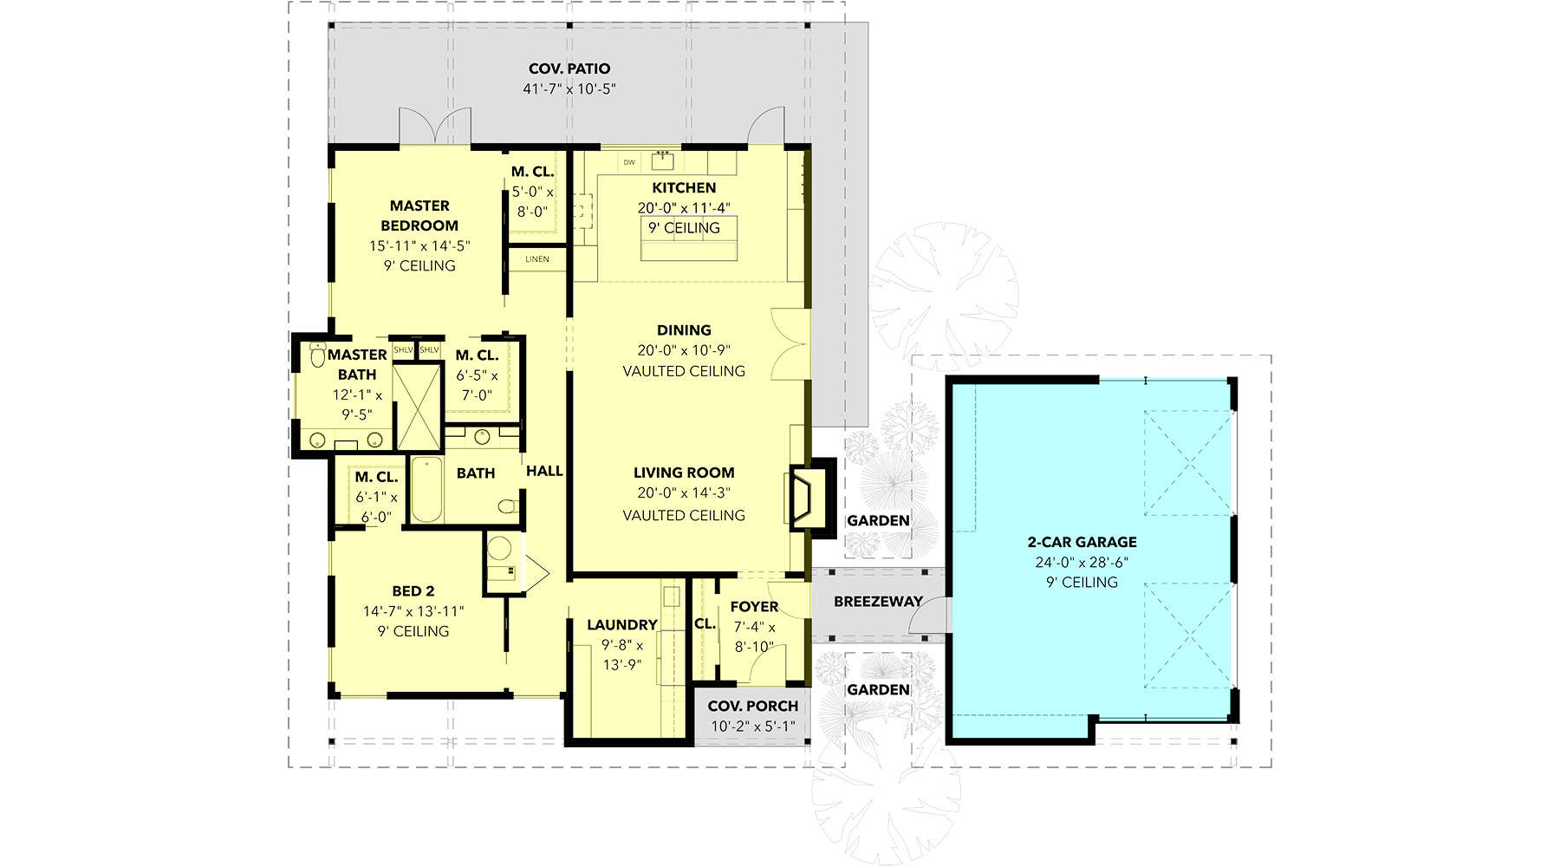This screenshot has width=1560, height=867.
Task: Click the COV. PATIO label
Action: click(x=569, y=68)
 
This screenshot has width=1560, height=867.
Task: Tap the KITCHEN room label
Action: click(x=684, y=187)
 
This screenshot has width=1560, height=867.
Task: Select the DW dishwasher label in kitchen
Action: click(x=629, y=162)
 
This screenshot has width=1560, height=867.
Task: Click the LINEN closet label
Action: click(x=537, y=259)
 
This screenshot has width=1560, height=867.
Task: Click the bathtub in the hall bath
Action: click(x=426, y=490)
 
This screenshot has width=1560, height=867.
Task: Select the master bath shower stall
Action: click(x=418, y=407)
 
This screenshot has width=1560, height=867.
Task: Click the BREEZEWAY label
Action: click(x=878, y=602)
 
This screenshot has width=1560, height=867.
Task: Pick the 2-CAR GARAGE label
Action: click(x=1082, y=542)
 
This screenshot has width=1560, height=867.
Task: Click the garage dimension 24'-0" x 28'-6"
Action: click(x=1082, y=562)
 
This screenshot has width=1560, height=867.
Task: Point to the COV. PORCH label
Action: click(x=753, y=706)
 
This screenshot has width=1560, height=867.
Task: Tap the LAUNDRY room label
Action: click(x=622, y=624)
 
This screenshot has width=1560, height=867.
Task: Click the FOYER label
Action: click(x=755, y=607)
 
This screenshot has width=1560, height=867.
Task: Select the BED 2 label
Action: click(x=413, y=591)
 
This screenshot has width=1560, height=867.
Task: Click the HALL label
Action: click(x=545, y=471)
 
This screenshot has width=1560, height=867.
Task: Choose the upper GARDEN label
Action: click(x=878, y=520)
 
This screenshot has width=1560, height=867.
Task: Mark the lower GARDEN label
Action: click(x=878, y=689)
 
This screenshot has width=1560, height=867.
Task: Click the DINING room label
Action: click(x=684, y=330)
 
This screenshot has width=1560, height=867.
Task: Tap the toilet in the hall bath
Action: click(x=509, y=505)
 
